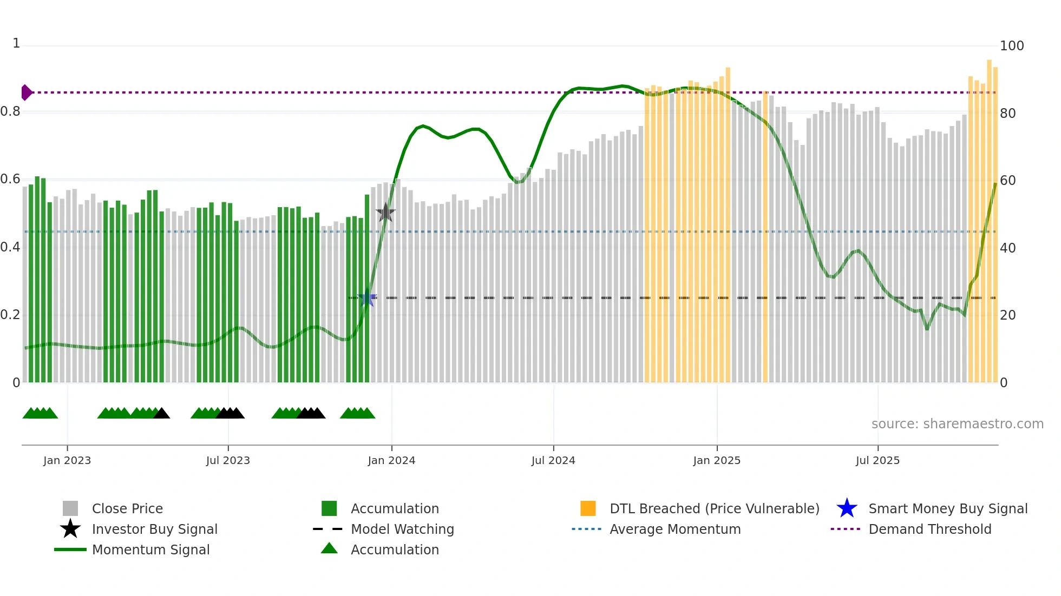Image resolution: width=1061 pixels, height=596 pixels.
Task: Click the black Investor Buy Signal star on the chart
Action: click(x=385, y=213)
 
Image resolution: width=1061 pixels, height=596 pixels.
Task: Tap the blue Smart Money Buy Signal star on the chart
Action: click(x=368, y=297)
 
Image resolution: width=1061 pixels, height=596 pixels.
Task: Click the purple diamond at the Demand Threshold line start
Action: click(x=26, y=92)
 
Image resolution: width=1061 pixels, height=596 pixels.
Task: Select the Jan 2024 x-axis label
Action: click(x=391, y=460)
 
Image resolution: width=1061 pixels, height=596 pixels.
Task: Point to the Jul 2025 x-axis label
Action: click(x=877, y=460)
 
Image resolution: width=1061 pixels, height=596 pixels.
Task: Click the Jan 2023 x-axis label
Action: click(x=67, y=460)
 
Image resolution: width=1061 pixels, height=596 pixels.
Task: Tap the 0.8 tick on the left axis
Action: click(x=10, y=111)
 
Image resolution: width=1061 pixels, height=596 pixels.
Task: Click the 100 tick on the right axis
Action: click(x=1011, y=46)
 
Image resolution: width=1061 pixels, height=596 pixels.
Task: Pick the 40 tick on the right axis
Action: click(x=1007, y=248)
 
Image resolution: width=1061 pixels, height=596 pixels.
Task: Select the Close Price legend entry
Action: click(x=127, y=508)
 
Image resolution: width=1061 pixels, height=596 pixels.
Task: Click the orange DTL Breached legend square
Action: click(x=588, y=508)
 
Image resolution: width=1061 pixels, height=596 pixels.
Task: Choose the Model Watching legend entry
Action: click(x=402, y=529)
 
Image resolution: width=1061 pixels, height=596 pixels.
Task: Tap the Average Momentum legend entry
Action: click(x=674, y=529)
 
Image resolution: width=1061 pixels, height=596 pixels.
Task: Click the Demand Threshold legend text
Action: click(x=929, y=529)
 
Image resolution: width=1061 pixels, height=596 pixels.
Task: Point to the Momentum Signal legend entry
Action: click(x=150, y=549)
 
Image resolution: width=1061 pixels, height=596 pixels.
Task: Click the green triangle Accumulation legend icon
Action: click(x=329, y=548)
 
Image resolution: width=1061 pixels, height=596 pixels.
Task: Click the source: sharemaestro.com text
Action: click(x=957, y=424)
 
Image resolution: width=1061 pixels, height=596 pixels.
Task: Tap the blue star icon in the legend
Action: click(x=847, y=508)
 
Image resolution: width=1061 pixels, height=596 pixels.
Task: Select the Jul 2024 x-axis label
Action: click(x=553, y=460)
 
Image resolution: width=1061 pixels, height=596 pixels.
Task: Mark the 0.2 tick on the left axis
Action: click(x=10, y=315)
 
